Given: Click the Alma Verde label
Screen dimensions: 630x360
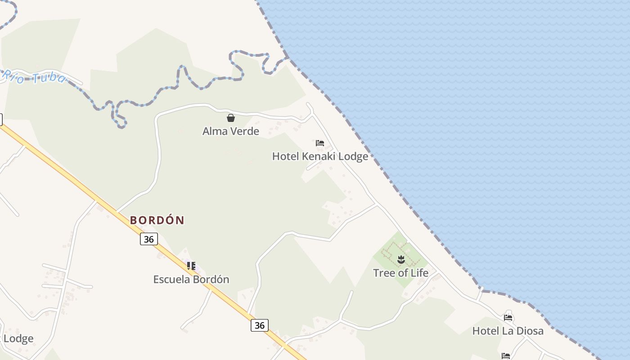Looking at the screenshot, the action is coord(231,131).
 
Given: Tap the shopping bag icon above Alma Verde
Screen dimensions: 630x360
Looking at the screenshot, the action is coord(231,118).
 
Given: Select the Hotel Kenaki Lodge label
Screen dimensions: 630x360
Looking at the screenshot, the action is coord(320,156).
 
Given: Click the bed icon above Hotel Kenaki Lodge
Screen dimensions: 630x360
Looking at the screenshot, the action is coord(320,143).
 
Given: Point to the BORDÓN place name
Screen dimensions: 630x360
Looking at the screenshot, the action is coord(157,220).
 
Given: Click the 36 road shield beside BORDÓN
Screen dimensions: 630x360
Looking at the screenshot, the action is coord(149,239).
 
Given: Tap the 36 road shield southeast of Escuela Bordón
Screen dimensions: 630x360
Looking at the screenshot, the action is coord(260,325).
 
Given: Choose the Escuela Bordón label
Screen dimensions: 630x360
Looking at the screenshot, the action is coord(191,279).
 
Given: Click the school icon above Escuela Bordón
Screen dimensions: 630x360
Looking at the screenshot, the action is coord(191,266).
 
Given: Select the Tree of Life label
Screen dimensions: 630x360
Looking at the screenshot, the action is coord(400,273).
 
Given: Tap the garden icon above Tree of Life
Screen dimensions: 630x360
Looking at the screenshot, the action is coord(401,260).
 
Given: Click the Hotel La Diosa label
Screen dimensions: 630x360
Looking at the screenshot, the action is coord(508,331).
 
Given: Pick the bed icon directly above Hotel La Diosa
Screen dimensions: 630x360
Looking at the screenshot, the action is coord(508,318).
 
